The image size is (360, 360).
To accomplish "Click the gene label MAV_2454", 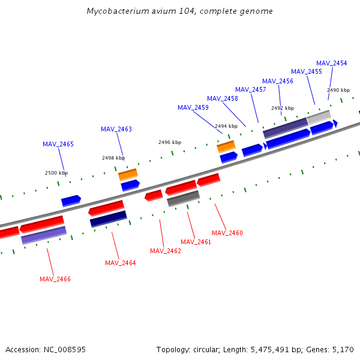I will click(x=331, y=63).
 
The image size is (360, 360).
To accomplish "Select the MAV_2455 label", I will click(x=306, y=71).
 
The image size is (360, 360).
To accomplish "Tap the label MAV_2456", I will click(x=277, y=81).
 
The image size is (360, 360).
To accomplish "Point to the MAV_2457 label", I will click(x=250, y=89).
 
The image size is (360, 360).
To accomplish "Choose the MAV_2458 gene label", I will click(x=222, y=98).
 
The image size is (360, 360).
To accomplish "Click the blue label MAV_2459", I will click(x=193, y=107).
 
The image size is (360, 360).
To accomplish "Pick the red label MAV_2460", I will click(x=227, y=233).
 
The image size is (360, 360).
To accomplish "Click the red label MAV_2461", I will click(x=196, y=242).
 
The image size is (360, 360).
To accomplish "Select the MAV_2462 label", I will click(x=165, y=251).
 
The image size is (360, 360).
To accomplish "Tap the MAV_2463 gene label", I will click(x=116, y=129).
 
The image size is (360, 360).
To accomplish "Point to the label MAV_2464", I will click(x=120, y=263).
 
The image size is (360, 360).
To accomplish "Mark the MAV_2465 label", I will click(x=58, y=144).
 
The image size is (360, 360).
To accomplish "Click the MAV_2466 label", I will click(x=55, y=279).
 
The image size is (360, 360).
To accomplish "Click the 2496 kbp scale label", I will click(x=169, y=142).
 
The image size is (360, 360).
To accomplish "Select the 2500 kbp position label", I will click(x=56, y=173).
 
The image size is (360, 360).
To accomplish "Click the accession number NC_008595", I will click(x=63, y=349).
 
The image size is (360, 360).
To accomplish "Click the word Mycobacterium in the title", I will click(x=113, y=11).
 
